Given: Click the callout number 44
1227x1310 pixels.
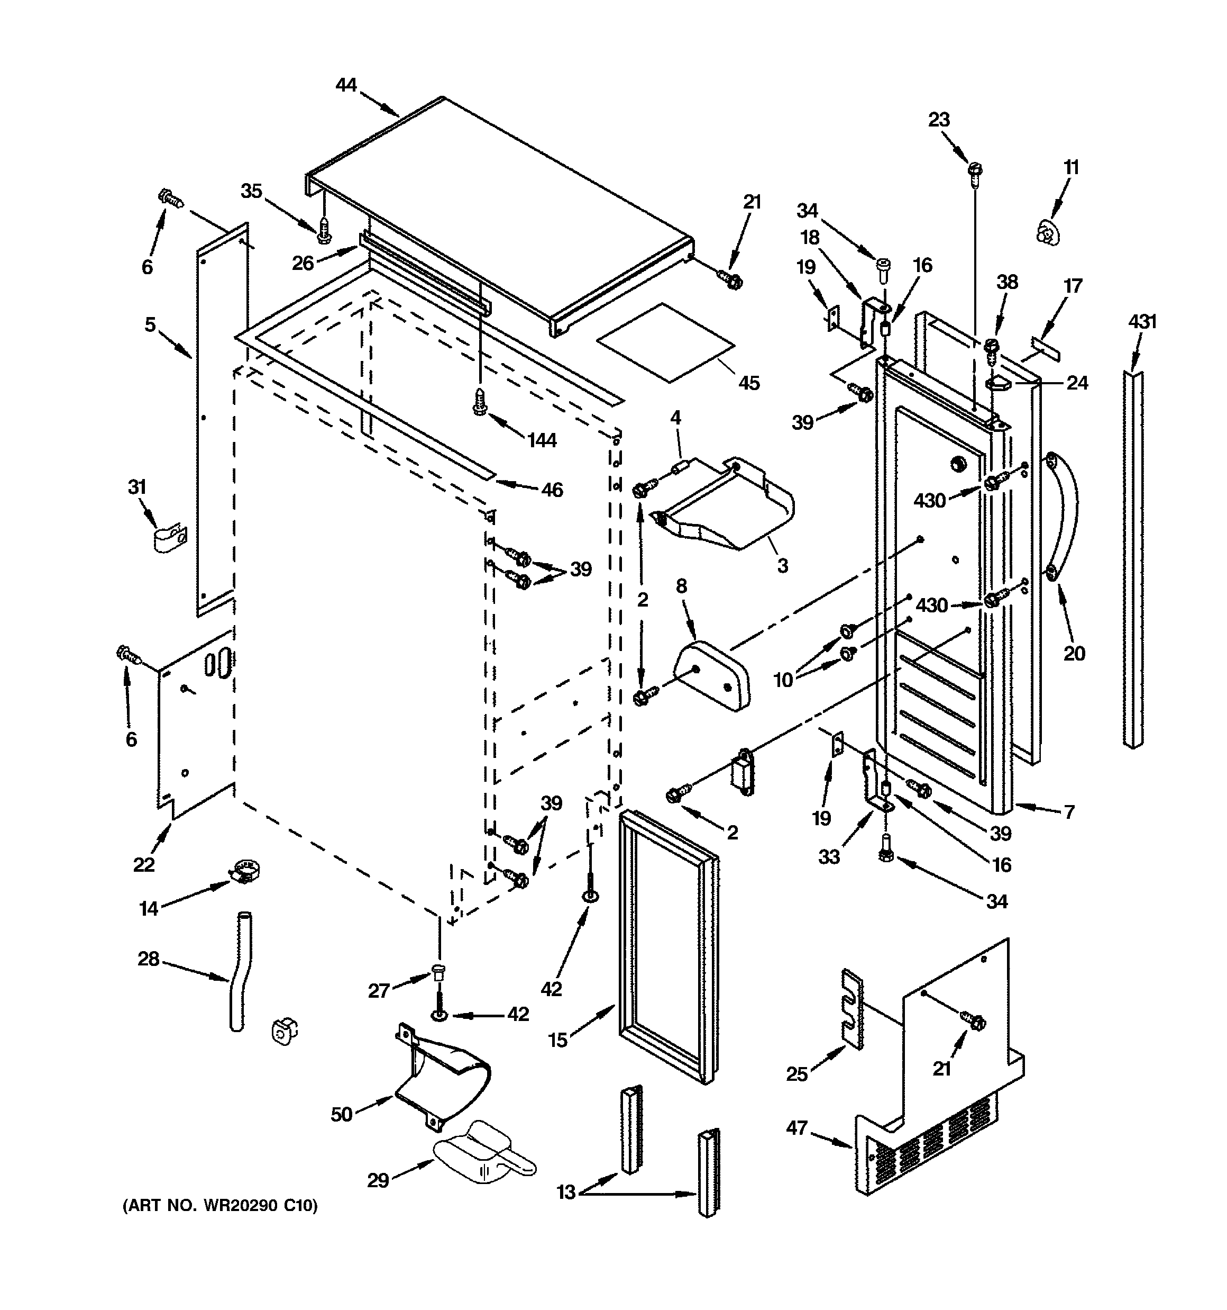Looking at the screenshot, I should pos(346,85).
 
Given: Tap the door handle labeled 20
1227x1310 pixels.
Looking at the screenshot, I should pos(1066,516).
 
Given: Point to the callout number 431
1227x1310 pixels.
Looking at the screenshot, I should pos(1142,322).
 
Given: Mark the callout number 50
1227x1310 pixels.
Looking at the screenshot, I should pos(341,1114).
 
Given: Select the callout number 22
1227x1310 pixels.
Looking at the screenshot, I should pos(143,864).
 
